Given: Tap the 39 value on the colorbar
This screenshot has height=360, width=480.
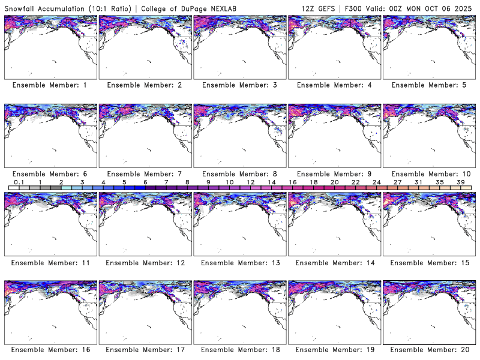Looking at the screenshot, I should click(460, 182).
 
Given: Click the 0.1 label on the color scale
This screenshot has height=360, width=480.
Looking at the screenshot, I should click(19, 182).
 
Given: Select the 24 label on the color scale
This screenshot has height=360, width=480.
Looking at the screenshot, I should click(376, 182).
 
